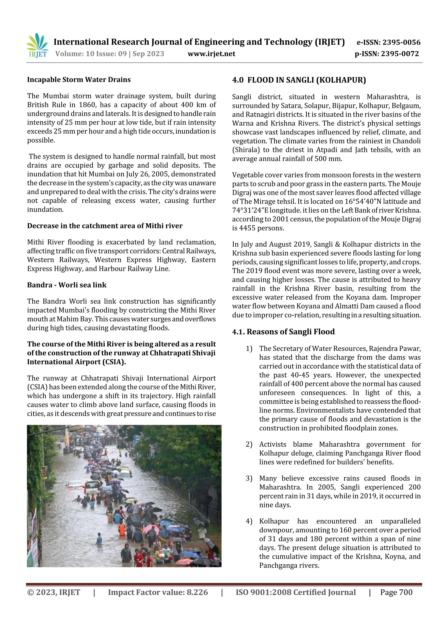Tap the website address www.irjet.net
(212, 54)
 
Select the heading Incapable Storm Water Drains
(79, 80)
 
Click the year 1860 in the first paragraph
(87, 105)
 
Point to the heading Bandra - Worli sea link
(66, 285)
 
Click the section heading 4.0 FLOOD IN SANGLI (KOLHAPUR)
(299, 80)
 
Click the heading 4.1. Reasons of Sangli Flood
(283, 332)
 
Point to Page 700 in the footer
(396, 592)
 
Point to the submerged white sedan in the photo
(75, 485)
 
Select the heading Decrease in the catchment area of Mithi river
(105, 226)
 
